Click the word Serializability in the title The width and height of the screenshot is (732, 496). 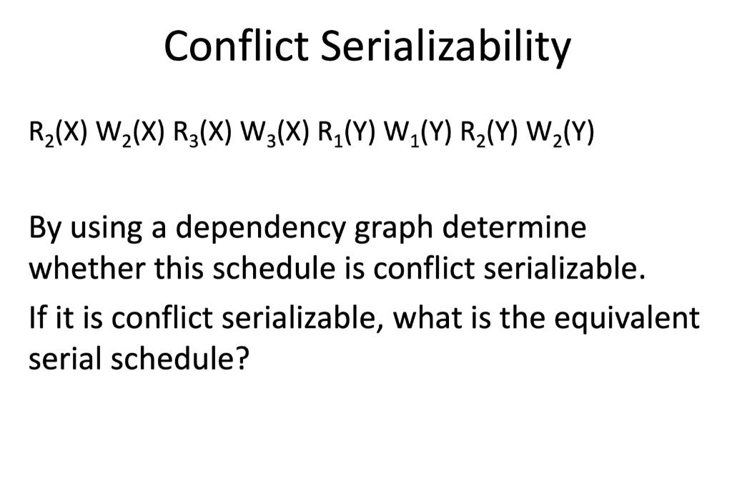coord(445,47)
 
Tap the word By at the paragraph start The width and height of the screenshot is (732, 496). coord(44,229)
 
